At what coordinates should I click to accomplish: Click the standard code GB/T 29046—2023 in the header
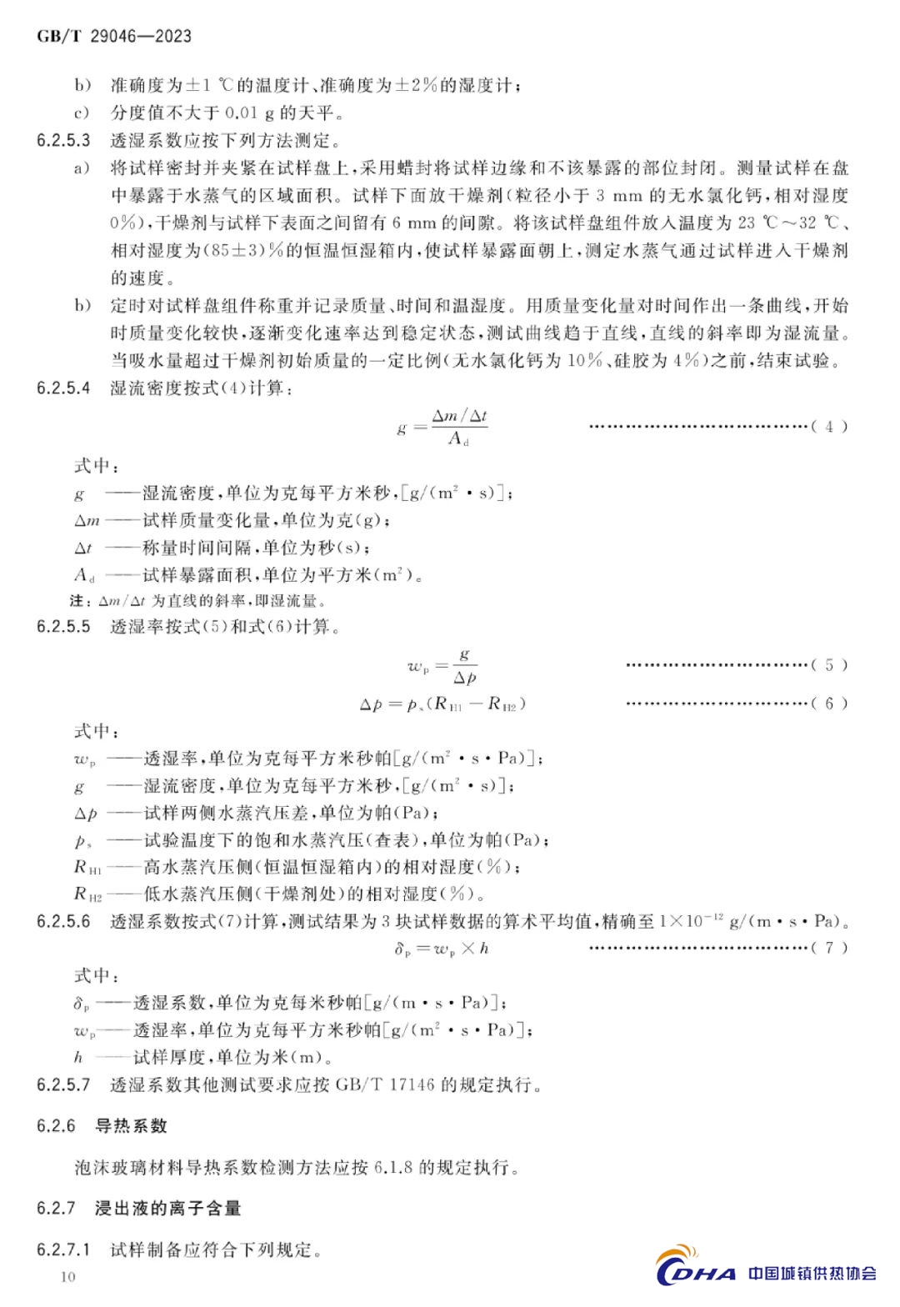(x=114, y=36)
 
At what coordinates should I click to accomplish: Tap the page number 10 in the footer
(x=68, y=1276)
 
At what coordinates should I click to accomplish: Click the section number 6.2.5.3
(x=63, y=140)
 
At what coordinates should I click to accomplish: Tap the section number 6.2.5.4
(x=63, y=388)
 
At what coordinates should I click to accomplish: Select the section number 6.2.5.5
(x=63, y=627)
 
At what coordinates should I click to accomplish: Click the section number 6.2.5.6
(x=63, y=921)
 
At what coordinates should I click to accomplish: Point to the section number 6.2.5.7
(x=63, y=1084)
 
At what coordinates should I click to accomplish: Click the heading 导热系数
(x=132, y=1126)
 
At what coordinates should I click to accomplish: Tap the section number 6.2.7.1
(x=63, y=1249)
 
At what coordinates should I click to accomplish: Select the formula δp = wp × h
(x=441, y=948)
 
